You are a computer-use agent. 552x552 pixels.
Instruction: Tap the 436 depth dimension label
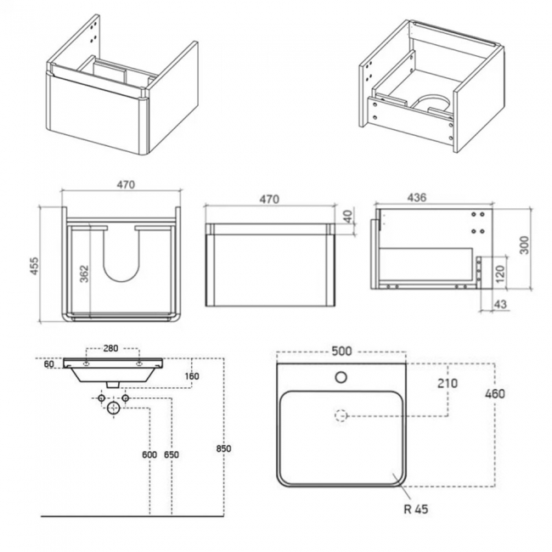point(417,197)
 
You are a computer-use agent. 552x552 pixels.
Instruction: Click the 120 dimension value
point(499,273)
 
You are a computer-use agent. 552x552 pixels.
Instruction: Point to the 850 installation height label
point(224,448)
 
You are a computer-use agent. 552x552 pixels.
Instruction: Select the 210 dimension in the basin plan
point(447,383)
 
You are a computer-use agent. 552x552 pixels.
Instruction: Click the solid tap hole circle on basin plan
point(341,377)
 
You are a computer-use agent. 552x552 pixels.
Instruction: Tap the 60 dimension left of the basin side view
point(50,364)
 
